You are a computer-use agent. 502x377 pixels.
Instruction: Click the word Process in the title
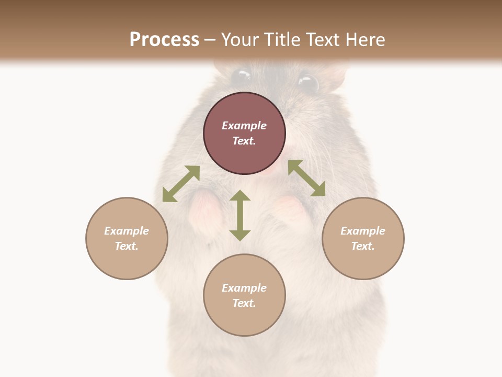point(164,40)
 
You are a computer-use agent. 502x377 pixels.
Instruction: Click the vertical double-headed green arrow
point(240,215)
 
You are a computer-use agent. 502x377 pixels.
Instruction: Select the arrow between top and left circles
point(181,184)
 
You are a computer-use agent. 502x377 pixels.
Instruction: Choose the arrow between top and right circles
point(306,178)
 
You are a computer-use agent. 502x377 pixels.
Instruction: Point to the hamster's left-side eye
point(241,77)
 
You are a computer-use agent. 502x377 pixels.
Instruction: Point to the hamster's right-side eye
point(308,83)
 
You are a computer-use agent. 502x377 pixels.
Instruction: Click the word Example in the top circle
point(244,126)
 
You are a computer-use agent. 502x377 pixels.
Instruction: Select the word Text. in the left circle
point(127,246)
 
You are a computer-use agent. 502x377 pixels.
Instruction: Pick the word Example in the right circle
point(363,231)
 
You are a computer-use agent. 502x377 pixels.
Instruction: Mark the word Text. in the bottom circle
point(244,303)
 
